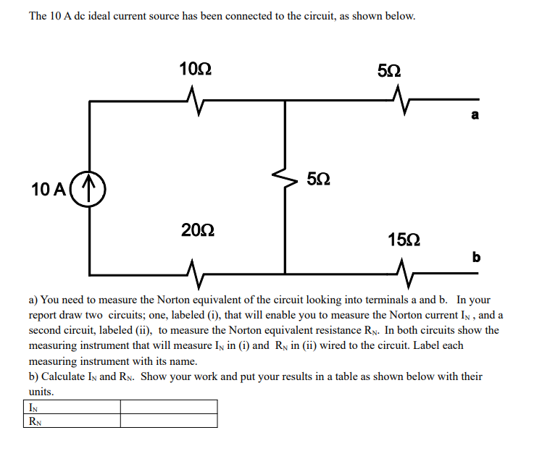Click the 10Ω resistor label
pyautogui.click(x=196, y=70)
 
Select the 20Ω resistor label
pyautogui.click(x=197, y=231)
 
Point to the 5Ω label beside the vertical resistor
pyautogui.click(x=320, y=178)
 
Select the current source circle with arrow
pyautogui.click(x=89, y=188)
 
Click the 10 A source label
pyautogui.click(x=49, y=190)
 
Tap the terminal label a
pyautogui.click(x=475, y=115)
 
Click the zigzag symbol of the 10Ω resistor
pyautogui.click(x=192, y=96)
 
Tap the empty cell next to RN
pyautogui.click(x=168, y=420)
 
